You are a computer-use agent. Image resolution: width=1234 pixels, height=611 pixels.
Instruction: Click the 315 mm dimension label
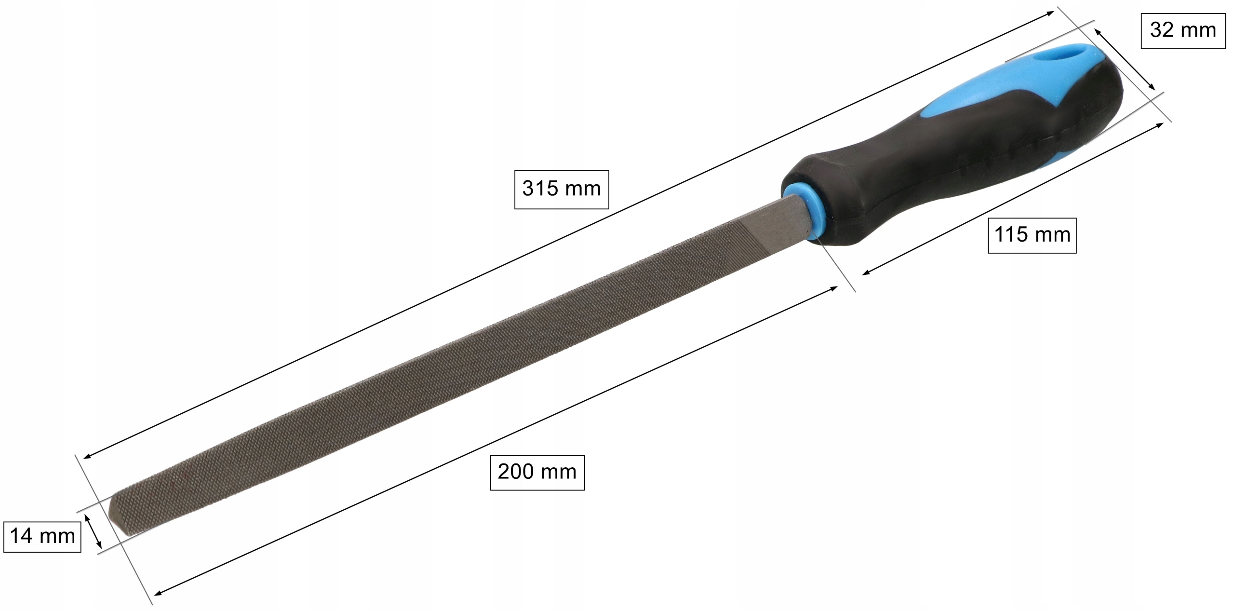(x=562, y=189)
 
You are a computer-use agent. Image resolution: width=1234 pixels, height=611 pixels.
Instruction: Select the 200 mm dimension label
(x=537, y=472)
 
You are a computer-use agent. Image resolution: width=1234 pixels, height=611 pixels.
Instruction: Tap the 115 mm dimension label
(x=1032, y=235)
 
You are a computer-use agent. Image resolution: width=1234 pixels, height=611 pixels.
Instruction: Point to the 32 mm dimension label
(x=1183, y=31)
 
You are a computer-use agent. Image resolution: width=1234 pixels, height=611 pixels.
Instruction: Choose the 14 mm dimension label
(x=42, y=536)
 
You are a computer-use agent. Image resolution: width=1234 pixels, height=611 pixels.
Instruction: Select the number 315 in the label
(x=540, y=189)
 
